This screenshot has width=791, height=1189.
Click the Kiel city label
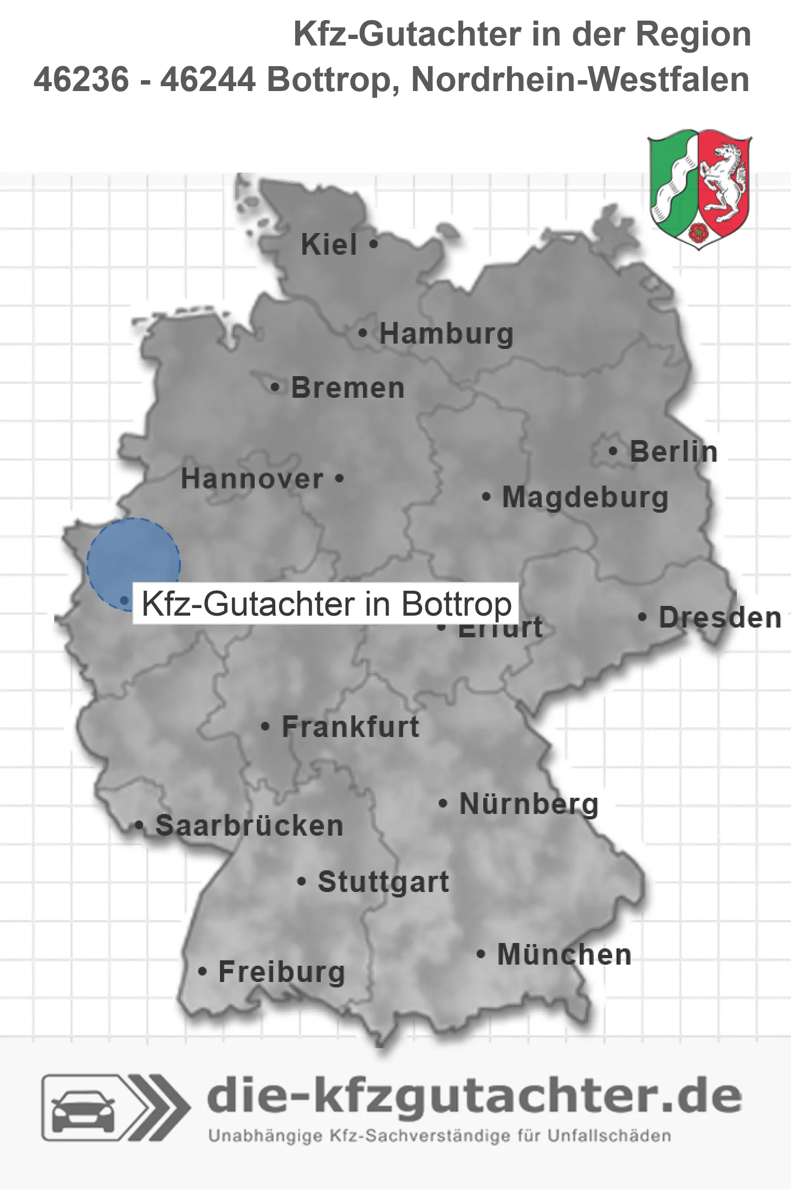[328, 245]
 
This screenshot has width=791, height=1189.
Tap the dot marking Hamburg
[363, 333]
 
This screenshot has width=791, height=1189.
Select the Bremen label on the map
[348, 388]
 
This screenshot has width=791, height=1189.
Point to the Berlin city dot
[613, 451]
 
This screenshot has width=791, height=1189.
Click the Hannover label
[252, 479]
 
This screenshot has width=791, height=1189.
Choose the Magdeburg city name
[585, 497]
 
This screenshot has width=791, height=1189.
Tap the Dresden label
[719, 618]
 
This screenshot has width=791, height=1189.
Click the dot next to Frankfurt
[265, 726]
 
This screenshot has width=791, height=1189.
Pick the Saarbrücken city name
[249, 826]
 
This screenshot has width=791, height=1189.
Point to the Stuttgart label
[383, 882]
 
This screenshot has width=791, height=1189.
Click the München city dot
[480, 954]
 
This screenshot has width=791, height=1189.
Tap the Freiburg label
[281, 972]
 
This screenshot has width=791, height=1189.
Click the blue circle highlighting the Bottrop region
[133, 558]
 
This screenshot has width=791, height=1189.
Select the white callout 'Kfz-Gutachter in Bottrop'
[326, 604]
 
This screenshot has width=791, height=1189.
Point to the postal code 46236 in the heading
[81, 80]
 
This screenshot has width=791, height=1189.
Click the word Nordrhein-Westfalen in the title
[580, 80]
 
